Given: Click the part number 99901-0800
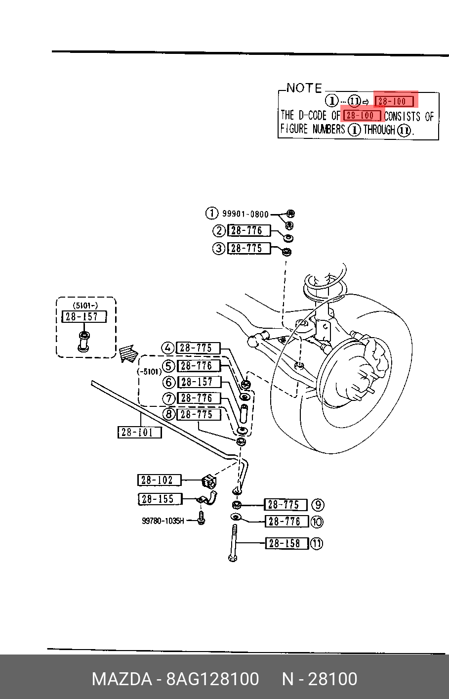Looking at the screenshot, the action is tap(245, 214).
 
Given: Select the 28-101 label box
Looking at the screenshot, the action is tap(139, 433).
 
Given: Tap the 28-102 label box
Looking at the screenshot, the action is tap(160, 480).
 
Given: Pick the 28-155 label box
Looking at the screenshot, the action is tap(160, 499).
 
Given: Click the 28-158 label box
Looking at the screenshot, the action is tap(286, 543).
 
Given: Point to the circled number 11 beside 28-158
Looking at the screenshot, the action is tap(317, 544).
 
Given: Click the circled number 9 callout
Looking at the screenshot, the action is tap(318, 505).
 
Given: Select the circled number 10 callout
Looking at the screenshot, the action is tap(317, 522).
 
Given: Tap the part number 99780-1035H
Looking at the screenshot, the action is tap(163, 521).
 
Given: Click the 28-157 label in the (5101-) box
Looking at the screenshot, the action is tap(84, 316).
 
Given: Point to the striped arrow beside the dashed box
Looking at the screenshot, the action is tap(128, 353).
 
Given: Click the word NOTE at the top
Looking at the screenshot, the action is tap(304, 88).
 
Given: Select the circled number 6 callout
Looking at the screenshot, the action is tap(169, 382).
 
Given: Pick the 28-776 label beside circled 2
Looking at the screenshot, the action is tap(249, 230).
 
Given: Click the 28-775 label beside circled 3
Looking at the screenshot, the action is tap(249, 248).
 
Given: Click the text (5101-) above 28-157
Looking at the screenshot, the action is tap(85, 305).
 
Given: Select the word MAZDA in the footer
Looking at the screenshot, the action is tap(122, 679).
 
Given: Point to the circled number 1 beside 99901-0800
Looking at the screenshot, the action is tap(211, 214).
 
